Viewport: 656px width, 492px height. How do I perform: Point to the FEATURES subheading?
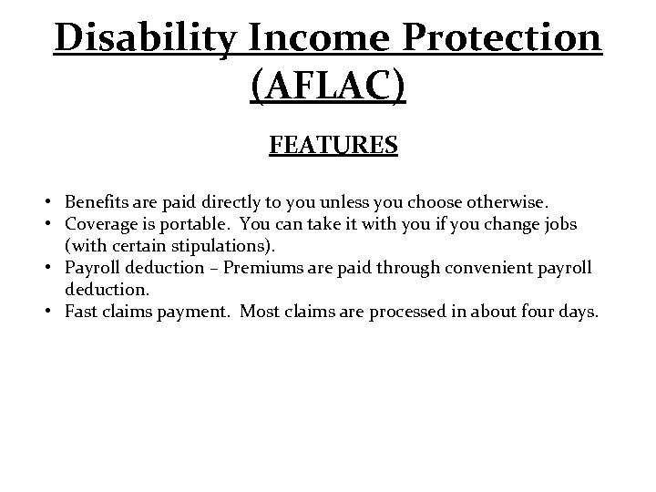[x=333, y=146]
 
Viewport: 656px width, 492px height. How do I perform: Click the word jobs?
[x=557, y=224]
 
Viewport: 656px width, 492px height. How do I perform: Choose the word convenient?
[x=485, y=268]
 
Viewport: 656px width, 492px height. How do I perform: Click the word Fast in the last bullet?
[x=82, y=313]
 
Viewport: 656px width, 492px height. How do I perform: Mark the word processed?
[x=405, y=313]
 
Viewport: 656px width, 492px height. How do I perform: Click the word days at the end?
[x=577, y=313]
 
